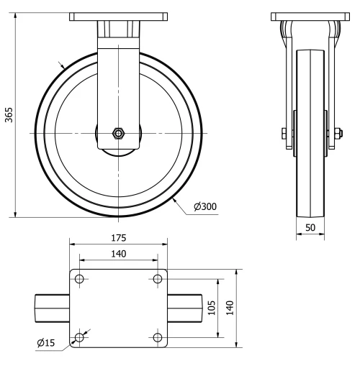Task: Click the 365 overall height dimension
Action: [x=9, y=115]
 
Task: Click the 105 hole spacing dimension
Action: [x=211, y=307]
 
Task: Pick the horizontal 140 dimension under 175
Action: [x=119, y=253]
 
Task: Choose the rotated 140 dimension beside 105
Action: [x=230, y=307]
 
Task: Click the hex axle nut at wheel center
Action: [x=118, y=133]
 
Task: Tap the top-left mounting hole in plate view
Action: [x=79, y=279]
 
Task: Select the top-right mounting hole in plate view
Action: [x=158, y=279]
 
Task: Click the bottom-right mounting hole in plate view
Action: [x=158, y=337]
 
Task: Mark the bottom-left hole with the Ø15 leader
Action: [x=79, y=337]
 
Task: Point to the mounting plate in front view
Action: [x=119, y=15]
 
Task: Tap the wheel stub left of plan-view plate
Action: [x=52, y=308]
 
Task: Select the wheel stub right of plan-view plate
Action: [x=185, y=308]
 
